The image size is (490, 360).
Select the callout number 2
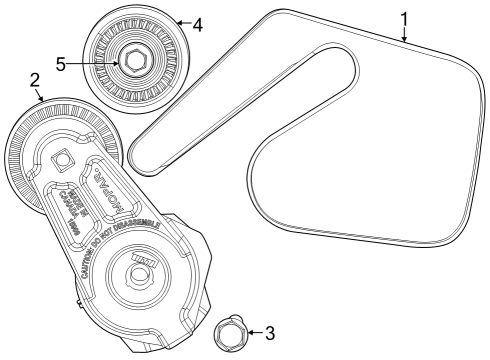tap(35, 79)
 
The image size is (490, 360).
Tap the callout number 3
tap(270, 332)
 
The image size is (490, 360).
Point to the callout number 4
tap(198, 23)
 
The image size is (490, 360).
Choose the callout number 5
tap(61, 63)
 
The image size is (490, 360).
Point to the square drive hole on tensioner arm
tap(62, 157)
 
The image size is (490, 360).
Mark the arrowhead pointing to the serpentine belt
tap(404, 38)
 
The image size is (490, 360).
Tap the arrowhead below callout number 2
tap(41, 98)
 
